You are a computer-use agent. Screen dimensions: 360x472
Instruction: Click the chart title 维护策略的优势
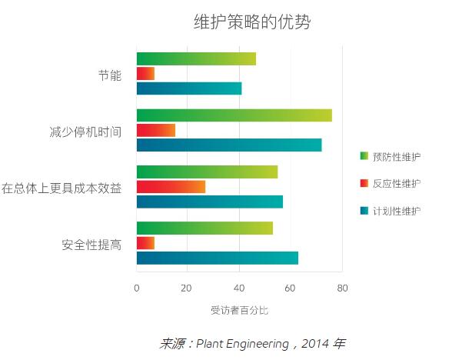[252, 22]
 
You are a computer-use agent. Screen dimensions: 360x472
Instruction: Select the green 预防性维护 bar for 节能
[196, 59]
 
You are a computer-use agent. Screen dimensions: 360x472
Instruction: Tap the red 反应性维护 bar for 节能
[145, 74]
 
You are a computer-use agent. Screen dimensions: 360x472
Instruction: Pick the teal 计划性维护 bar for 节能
[189, 88]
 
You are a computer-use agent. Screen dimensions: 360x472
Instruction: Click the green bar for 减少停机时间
[234, 115]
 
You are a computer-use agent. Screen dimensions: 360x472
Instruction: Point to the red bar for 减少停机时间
[155, 130]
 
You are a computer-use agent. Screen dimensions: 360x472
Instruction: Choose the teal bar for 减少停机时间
[229, 145]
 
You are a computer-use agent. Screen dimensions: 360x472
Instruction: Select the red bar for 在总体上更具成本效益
[171, 187]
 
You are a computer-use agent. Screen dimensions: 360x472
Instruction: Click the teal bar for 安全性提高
[217, 258]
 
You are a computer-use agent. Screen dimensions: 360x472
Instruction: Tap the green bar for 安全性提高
[204, 228]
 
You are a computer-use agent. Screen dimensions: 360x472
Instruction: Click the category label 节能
[109, 75]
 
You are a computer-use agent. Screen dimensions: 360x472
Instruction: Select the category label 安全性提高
[91, 245]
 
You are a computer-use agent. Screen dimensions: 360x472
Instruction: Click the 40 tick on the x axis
[239, 288]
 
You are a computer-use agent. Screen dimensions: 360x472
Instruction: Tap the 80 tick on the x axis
[342, 288]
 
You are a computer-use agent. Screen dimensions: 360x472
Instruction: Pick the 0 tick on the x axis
[137, 288]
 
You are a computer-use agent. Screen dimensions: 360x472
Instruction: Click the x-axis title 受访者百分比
[239, 310]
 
